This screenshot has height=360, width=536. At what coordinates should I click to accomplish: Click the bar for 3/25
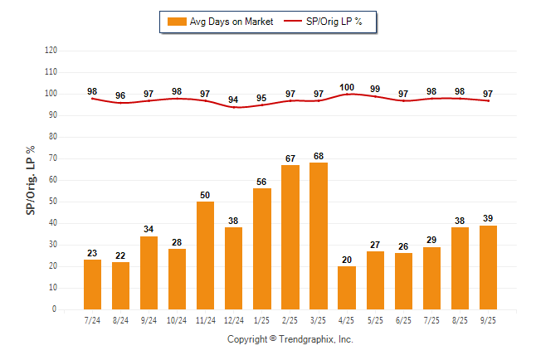point(319,236)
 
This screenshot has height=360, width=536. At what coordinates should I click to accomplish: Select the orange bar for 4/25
point(347,287)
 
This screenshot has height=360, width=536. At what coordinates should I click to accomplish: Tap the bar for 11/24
point(205,255)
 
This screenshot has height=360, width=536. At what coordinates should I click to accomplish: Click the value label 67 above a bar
point(290,158)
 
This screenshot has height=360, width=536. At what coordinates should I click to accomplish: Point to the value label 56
point(261,182)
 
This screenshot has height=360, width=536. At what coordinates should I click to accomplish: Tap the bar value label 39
point(488,218)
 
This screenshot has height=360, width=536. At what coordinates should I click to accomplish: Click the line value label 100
point(347,87)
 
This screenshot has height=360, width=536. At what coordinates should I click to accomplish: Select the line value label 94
point(233,100)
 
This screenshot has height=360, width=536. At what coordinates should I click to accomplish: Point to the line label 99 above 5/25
point(375,89)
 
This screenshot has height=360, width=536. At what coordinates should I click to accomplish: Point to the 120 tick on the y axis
point(51,51)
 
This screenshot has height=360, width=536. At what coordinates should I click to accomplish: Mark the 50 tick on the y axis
point(52,202)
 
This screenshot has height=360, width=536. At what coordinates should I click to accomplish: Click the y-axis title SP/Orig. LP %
point(31,179)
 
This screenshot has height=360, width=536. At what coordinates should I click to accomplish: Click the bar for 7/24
point(92,284)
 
